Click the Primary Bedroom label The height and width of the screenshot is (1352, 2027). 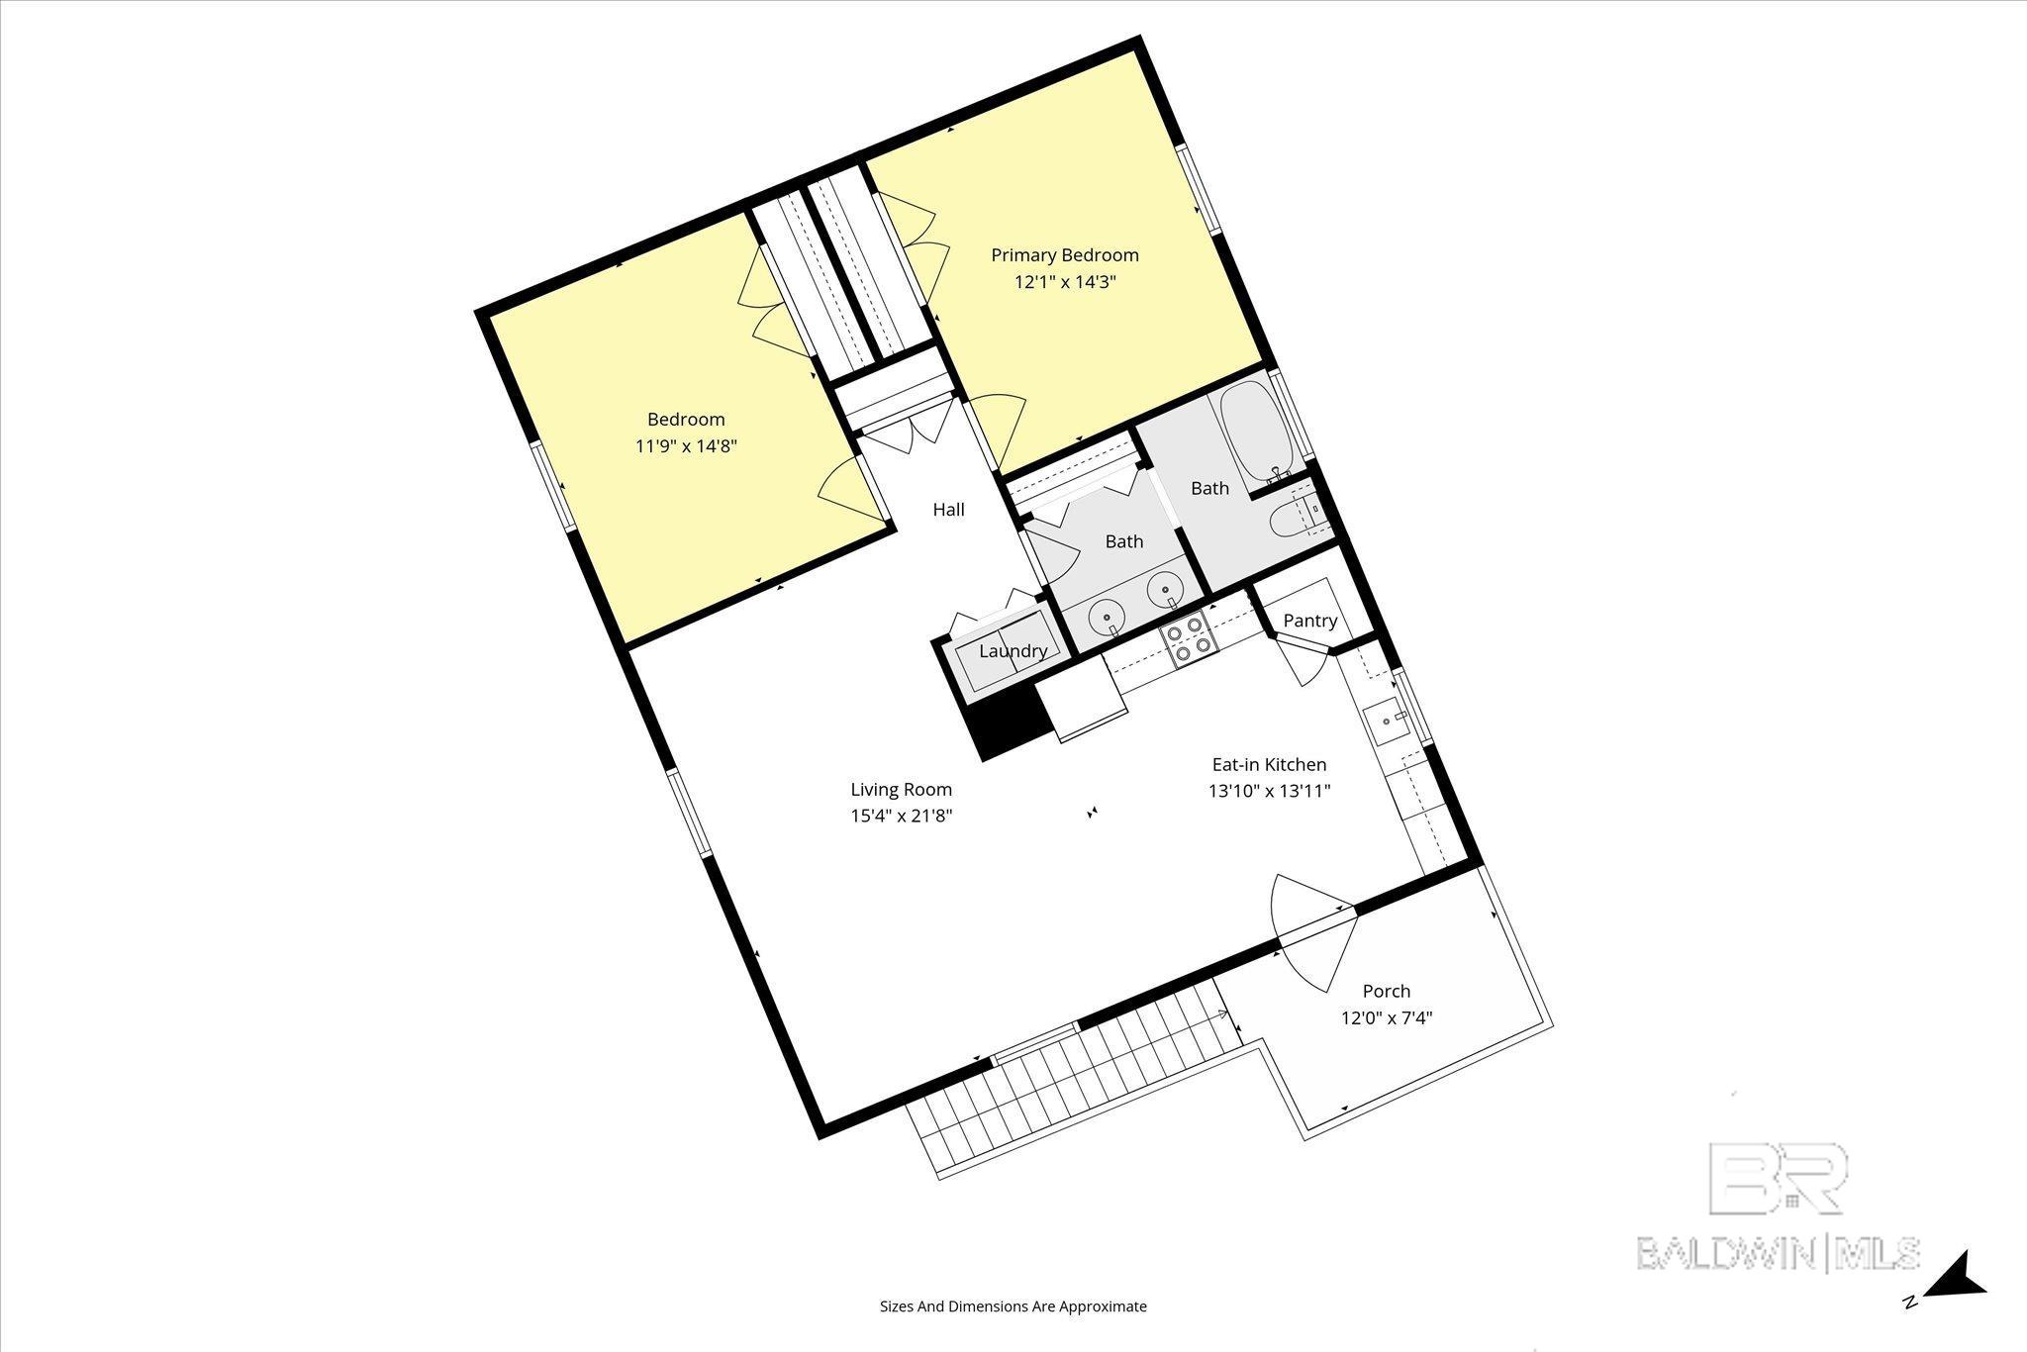pos(1065,255)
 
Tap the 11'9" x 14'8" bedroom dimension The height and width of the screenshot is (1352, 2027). pos(686,446)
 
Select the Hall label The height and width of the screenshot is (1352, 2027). pos(948,510)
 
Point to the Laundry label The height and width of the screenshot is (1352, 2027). pos(1013,651)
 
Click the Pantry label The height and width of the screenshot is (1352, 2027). pos(1310,621)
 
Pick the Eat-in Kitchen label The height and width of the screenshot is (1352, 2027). pos(1269,764)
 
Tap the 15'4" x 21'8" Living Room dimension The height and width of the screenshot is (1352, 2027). pos(901,816)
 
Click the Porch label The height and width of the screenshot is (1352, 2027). pos(1387,991)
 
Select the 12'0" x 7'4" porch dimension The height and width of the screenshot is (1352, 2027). pos(1387,1017)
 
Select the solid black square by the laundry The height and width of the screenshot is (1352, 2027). pos(1009,721)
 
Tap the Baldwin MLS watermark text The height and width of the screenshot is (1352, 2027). pos(1777,1252)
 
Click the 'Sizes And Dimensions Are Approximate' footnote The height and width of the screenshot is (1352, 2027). pos(1013,1306)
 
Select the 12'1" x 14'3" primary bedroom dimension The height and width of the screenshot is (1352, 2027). pos(1065,281)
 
